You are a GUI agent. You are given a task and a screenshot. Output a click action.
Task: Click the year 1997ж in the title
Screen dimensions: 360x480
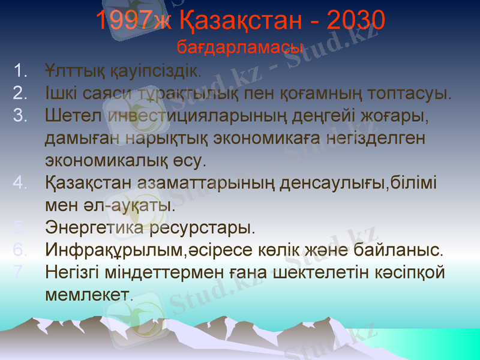click(133, 23)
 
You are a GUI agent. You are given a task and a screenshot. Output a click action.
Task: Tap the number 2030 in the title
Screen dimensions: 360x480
click(354, 23)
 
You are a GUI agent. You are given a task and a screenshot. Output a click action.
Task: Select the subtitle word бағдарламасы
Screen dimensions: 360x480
click(240, 46)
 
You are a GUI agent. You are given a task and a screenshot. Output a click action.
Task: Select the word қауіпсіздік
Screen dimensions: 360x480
click(154, 71)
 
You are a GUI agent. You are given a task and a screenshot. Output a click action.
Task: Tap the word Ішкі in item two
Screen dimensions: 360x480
click(60, 94)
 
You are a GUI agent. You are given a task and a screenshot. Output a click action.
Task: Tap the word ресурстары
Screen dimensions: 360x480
click(202, 228)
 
